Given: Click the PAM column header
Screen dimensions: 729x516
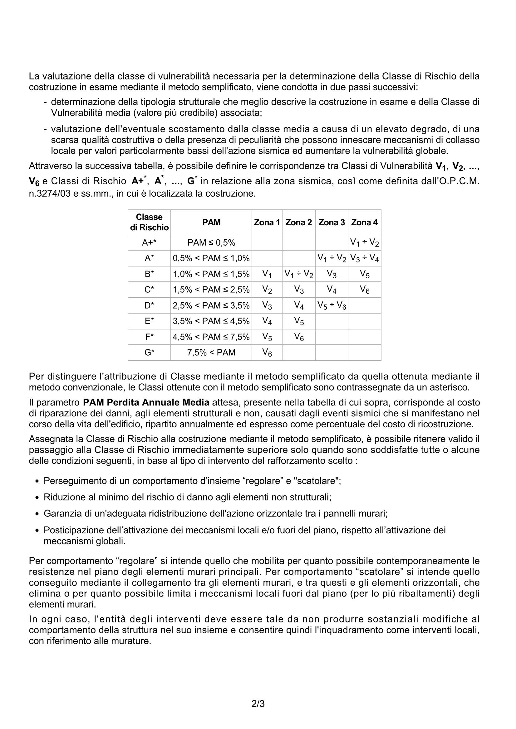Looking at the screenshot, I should point(211,222).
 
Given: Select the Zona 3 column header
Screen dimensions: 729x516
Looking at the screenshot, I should point(331,222).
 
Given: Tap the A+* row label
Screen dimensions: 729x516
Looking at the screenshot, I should point(149,242).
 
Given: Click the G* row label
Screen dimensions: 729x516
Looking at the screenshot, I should point(149,353).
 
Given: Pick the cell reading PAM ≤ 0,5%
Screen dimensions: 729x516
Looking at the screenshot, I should point(211,242).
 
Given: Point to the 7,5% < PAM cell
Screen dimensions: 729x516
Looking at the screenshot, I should point(211,353).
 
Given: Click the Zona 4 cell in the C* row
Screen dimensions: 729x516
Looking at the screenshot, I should point(364,290).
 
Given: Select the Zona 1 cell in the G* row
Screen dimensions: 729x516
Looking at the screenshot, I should point(267,353).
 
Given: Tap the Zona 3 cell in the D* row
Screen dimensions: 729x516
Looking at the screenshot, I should point(331,305).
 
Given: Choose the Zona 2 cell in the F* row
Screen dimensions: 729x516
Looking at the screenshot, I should point(298,337).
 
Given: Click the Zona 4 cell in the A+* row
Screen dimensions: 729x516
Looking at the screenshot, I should point(364,242).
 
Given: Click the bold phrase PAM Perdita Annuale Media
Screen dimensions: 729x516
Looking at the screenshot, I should point(146,402).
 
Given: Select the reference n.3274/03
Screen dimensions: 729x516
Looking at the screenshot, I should point(50,194).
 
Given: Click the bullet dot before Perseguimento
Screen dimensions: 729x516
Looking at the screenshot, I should point(37,481).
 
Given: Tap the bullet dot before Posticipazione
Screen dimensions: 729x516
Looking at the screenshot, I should point(37,530).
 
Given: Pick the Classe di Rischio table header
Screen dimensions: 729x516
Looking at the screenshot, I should point(149,222).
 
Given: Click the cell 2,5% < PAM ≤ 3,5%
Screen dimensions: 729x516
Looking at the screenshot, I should point(211,305).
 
